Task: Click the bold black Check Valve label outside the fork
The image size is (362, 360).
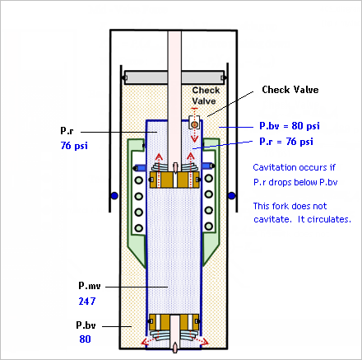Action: point(290,90)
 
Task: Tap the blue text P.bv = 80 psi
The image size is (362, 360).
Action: point(290,126)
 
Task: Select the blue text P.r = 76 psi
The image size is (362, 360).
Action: point(286,142)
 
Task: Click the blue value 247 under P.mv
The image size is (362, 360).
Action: point(87,302)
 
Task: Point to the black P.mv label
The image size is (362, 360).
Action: point(90,286)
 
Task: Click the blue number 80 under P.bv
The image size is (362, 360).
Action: point(85,339)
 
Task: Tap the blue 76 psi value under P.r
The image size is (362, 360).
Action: point(74,146)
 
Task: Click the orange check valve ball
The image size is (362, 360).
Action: point(194,125)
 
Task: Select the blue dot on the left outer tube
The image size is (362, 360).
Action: point(114,196)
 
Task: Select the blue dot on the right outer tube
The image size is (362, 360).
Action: point(232,196)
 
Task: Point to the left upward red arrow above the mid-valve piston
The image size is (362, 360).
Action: point(159,171)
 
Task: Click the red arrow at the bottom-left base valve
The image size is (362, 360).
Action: point(147,340)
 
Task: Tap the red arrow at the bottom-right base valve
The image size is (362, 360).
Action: point(202,340)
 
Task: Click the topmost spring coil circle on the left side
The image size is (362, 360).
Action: point(139,180)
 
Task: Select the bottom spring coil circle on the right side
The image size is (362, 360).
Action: point(209,227)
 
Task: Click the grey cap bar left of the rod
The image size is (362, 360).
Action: point(146,77)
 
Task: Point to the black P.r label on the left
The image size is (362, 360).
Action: point(67,130)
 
